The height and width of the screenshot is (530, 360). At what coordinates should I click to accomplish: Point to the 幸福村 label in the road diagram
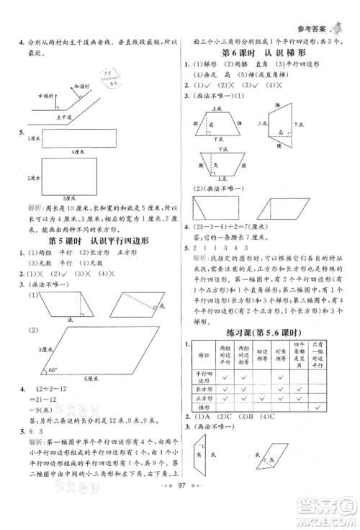click(x=47, y=94)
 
